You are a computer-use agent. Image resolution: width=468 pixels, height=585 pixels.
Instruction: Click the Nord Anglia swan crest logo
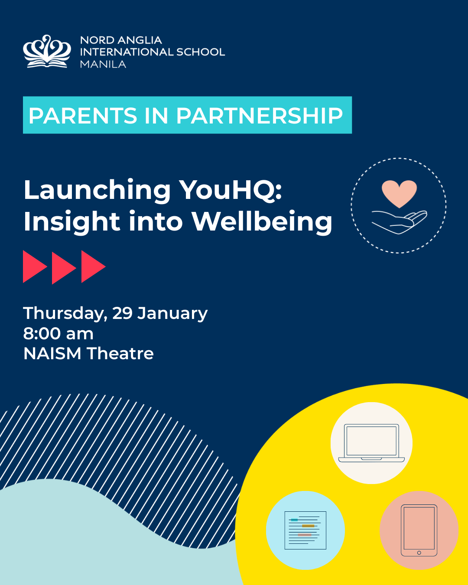(47, 52)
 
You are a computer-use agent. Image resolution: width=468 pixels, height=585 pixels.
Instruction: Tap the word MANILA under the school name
(103, 64)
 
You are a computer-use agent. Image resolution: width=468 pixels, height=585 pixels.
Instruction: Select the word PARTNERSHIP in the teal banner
(259, 116)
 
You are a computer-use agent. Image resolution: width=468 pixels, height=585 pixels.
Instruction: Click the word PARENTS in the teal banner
(83, 116)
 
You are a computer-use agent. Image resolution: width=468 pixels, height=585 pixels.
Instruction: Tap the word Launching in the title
(97, 191)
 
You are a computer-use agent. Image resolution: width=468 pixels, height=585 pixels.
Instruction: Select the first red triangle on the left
(34, 266)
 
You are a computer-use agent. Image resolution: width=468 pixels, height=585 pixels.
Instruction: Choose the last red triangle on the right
(92, 266)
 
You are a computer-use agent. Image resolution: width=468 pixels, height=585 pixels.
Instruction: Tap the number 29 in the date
(123, 313)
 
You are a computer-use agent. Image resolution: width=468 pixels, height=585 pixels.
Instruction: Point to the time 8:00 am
(58, 334)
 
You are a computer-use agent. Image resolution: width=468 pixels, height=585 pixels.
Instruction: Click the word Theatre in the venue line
(120, 354)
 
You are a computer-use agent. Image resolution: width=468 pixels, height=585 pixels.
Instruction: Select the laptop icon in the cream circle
(371, 443)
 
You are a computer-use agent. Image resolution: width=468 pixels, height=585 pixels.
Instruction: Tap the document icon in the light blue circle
(305, 530)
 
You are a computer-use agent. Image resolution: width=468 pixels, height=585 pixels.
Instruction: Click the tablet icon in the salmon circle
(419, 530)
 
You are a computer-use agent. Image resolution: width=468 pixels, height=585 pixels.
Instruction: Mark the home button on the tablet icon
(419, 552)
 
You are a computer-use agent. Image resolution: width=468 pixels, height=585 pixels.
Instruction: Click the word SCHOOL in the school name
(201, 52)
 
